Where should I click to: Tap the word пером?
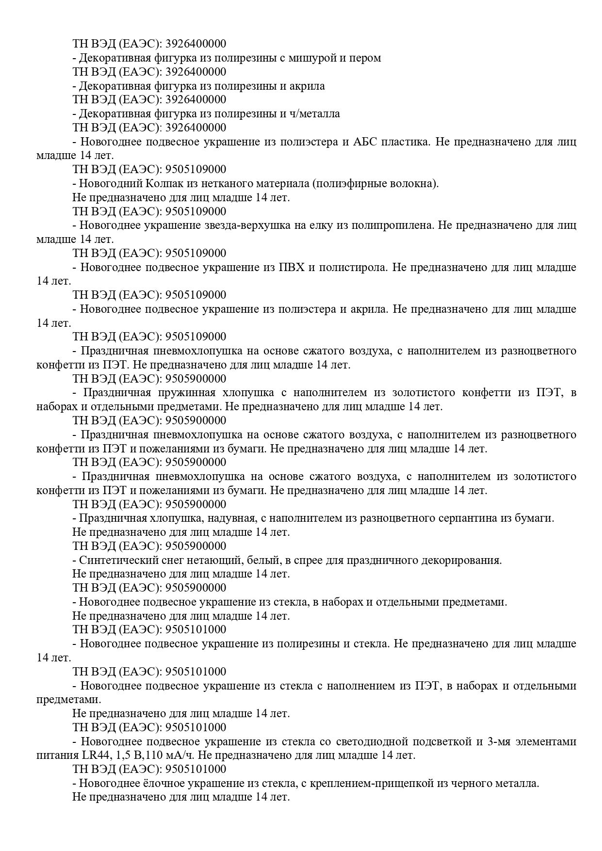tap(365, 58)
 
